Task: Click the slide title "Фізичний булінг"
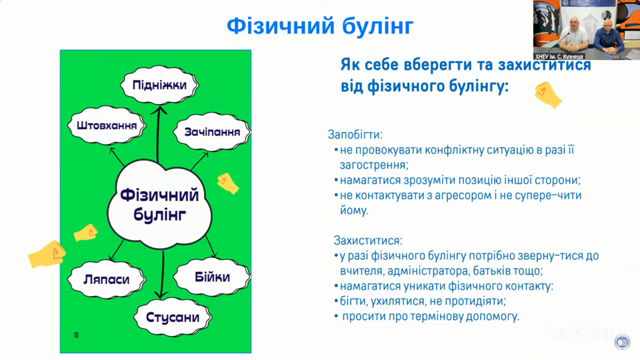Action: tap(320, 26)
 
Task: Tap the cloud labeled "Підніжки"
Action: tap(160, 85)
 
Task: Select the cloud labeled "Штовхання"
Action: tap(107, 125)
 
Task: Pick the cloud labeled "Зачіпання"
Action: tap(212, 132)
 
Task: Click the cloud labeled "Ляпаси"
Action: tap(107, 280)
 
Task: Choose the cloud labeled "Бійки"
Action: tap(212, 277)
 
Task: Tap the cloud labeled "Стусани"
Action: tap(173, 317)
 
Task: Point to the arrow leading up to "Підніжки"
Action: tap(158, 134)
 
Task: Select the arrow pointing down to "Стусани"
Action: tap(162, 274)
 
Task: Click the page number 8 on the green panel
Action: tap(76, 335)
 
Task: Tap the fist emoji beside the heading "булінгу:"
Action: tap(548, 95)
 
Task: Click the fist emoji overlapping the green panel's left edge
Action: tap(47, 254)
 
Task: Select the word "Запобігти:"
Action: tap(355, 134)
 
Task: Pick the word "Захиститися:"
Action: tap(368, 240)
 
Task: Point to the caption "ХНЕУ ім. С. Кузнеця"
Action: tap(559, 56)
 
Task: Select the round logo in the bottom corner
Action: tap(622, 342)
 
